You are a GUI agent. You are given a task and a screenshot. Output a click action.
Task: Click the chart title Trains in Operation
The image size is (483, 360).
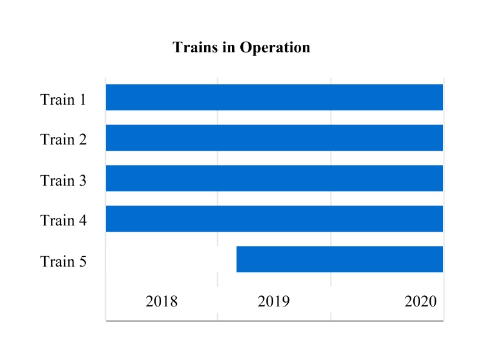pos(241,47)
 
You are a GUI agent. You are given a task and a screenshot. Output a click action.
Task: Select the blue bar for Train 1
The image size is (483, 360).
pos(274,97)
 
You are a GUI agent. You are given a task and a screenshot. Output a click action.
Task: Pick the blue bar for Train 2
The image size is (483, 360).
pos(274,138)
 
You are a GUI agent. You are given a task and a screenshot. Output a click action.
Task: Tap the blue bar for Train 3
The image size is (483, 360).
pos(274,178)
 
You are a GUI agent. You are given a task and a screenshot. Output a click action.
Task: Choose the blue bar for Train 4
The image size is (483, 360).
pos(274,219)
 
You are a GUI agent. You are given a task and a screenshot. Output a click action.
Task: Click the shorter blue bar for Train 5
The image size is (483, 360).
pos(339,259)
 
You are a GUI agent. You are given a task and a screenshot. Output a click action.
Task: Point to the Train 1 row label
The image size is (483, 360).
pos(63,100)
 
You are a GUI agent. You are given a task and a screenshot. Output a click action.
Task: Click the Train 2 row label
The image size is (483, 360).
pos(63,140)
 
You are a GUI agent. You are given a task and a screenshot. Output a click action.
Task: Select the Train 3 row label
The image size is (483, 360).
pos(63,181)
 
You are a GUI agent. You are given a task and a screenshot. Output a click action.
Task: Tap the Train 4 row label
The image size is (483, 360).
pos(63,220)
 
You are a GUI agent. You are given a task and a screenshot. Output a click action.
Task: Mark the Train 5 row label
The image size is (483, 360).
pos(63,262)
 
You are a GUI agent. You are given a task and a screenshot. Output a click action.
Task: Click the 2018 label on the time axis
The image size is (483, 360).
pos(161,302)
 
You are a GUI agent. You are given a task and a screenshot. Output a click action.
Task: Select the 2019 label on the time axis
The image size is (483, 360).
pos(273,302)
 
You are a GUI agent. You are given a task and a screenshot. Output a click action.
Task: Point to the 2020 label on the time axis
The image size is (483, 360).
pos(420,302)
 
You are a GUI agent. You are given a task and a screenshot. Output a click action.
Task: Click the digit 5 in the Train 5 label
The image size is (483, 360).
pos(82,262)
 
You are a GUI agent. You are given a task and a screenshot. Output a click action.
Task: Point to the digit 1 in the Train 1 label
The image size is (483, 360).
pos(82,100)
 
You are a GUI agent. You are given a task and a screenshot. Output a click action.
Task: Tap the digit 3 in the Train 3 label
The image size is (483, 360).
pos(82,181)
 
